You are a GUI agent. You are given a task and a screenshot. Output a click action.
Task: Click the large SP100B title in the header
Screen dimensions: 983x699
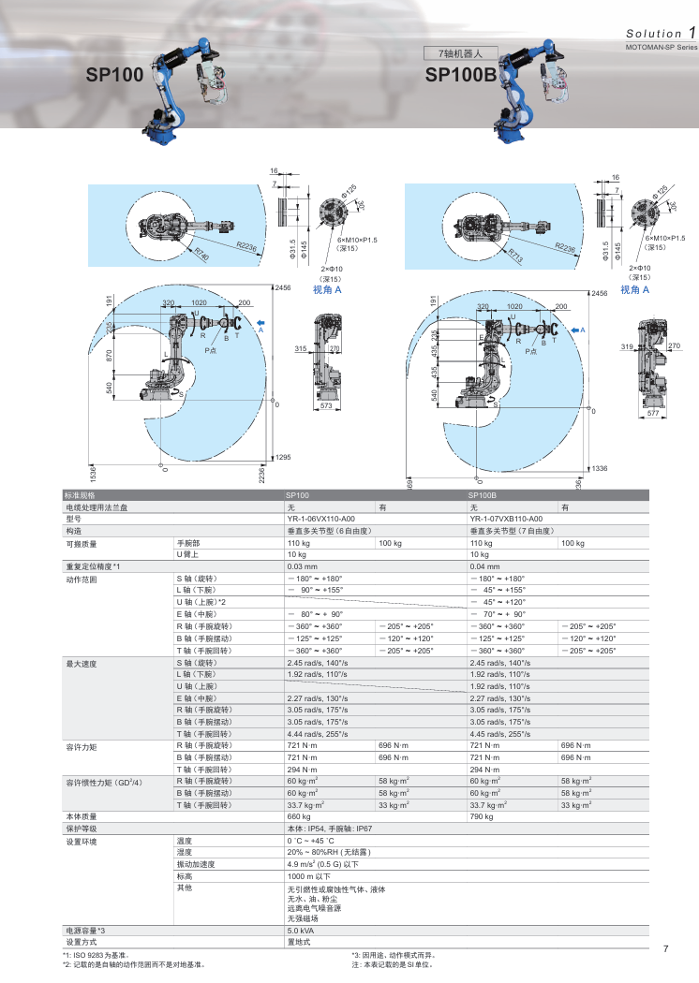pyautogui.click(x=460, y=75)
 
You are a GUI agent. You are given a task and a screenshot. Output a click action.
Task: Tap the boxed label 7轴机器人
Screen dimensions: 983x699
pyautogui.click(x=454, y=53)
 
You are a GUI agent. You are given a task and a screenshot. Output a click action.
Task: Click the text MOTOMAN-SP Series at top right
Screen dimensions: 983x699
pyautogui.click(x=661, y=46)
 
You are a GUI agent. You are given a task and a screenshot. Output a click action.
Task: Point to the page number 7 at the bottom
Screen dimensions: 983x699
pyautogui.click(x=665, y=949)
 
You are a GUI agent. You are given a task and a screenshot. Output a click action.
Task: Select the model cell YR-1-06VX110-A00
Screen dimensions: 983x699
pyautogui.click(x=320, y=518)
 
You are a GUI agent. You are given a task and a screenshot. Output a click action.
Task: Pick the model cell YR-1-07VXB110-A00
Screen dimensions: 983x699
pyautogui.click(x=506, y=518)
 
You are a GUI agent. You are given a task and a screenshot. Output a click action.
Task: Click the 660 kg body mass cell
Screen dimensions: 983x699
pyautogui.click(x=299, y=816)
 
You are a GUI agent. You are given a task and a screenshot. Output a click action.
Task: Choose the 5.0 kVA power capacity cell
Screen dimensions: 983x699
pyautogui.click(x=300, y=932)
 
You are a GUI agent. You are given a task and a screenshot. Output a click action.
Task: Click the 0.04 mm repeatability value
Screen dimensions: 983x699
pyautogui.click(x=484, y=566)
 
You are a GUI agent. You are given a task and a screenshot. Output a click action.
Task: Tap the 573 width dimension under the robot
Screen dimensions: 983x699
pyautogui.click(x=326, y=409)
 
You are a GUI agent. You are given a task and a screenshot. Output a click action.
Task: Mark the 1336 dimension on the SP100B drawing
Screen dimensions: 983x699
pyautogui.click(x=600, y=468)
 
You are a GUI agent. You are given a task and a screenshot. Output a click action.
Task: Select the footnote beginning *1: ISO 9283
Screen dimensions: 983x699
pyautogui.click(x=102, y=955)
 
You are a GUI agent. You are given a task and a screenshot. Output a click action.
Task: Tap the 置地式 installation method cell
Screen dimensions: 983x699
pyautogui.click(x=299, y=942)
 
